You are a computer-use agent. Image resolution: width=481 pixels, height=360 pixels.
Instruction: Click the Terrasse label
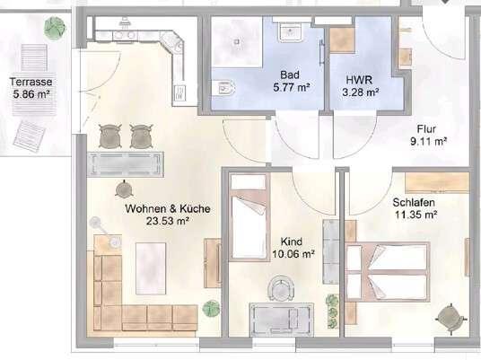(x=31, y=82)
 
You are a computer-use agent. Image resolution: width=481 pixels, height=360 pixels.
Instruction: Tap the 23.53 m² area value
(x=167, y=221)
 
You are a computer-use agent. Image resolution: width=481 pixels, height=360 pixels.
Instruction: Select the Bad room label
(x=290, y=75)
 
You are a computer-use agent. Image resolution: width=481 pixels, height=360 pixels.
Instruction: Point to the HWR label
(x=359, y=80)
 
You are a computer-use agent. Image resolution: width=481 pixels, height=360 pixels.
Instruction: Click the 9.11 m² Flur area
(x=428, y=142)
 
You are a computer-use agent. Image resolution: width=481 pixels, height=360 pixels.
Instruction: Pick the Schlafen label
(x=414, y=203)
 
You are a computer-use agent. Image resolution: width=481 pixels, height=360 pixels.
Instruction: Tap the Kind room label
(x=292, y=241)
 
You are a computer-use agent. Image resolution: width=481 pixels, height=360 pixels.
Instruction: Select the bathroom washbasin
(x=290, y=31)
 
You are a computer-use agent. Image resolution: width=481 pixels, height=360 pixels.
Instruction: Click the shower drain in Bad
(x=237, y=41)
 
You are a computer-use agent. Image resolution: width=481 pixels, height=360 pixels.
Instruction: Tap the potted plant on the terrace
(x=55, y=27)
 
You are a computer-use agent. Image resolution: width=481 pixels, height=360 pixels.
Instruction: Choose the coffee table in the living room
(x=151, y=268)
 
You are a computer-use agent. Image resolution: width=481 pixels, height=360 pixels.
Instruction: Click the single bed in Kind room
(x=249, y=217)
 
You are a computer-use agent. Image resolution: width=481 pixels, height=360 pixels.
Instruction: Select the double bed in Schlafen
(x=388, y=271)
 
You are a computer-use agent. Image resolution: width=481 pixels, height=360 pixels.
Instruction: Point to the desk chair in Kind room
(x=281, y=288)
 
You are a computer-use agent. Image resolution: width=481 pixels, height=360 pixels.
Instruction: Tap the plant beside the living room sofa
(x=212, y=309)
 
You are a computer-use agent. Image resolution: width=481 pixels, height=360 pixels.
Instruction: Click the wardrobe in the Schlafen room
(x=437, y=182)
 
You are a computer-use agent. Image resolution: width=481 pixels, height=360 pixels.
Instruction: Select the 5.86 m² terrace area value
(x=31, y=94)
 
